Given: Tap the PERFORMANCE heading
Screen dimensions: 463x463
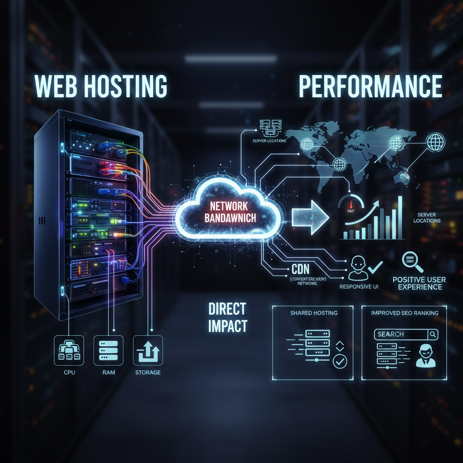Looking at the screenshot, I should pyautogui.click(x=370, y=86).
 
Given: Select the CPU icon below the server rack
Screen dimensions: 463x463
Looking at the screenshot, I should pyautogui.click(x=68, y=350).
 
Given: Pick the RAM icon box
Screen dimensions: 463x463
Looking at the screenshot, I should pyautogui.click(x=108, y=350).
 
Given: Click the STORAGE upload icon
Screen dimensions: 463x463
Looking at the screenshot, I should pyautogui.click(x=147, y=350).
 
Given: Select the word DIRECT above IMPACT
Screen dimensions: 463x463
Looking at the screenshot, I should pyautogui.click(x=227, y=309).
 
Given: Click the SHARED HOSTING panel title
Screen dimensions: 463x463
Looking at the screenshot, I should pyautogui.click(x=314, y=312).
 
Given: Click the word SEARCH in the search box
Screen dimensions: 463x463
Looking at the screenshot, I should pyautogui.click(x=391, y=334).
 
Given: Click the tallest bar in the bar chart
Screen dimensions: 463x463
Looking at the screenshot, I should pyautogui.click(x=400, y=217).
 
